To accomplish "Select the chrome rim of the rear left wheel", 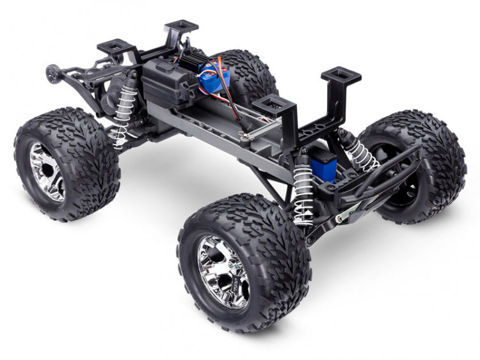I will click(47, 171).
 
